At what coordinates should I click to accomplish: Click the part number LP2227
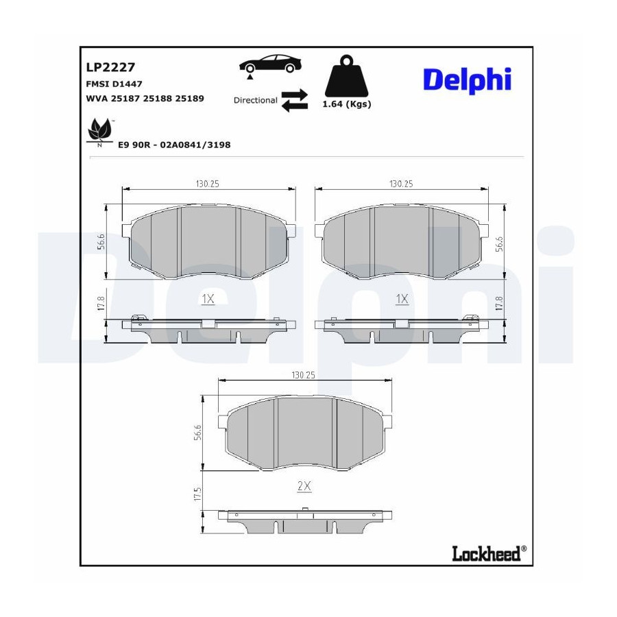(x=110, y=67)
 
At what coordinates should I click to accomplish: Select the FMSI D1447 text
(x=114, y=84)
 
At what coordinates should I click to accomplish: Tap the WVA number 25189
(x=189, y=98)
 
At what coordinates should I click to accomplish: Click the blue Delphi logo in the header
(x=467, y=80)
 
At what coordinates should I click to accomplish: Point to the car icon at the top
(x=270, y=64)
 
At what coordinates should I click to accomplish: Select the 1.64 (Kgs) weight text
(x=347, y=104)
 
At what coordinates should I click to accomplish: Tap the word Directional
(x=256, y=100)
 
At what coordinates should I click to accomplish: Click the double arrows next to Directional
(x=295, y=100)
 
